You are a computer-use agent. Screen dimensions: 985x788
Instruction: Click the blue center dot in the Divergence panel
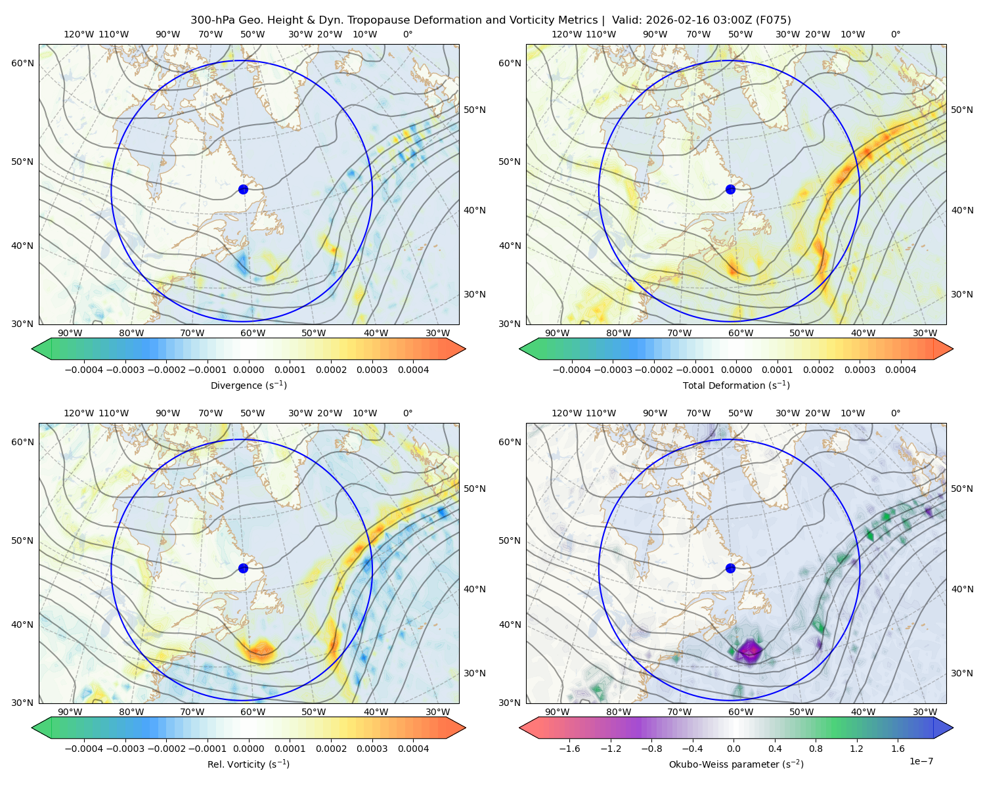[243, 189]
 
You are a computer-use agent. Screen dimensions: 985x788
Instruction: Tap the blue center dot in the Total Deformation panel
[730, 189]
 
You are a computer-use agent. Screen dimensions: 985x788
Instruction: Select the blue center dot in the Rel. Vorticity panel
[243, 568]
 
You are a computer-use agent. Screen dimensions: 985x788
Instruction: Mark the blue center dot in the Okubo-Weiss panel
[730, 568]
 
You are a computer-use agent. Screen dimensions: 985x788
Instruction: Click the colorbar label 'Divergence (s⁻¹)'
[248, 385]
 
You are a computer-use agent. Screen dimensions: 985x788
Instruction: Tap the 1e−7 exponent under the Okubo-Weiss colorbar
[921, 761]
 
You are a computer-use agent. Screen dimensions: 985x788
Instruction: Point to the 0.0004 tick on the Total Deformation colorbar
[900, 370]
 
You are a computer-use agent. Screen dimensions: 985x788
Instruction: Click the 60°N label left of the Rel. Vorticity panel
[22, 442]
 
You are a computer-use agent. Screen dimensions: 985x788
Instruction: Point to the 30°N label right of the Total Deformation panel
[962, 294]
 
